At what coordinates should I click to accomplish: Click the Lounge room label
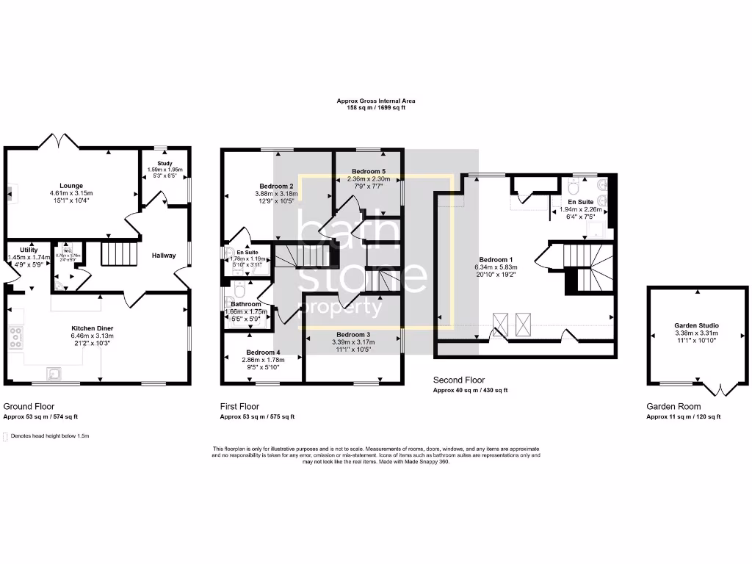coord(72,186)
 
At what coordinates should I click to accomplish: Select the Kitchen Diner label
coord(93,328)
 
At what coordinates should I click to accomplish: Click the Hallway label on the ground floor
coord(164,256)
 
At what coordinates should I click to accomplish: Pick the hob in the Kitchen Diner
coord(15,339)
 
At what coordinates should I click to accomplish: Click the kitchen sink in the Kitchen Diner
coord(52,372)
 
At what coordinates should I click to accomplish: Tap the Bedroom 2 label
coord(276,186)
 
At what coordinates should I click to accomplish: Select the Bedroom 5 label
coord(369,170)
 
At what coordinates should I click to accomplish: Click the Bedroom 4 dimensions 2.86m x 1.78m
coord(262,360)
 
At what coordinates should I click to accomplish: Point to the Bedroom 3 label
coord(353,334)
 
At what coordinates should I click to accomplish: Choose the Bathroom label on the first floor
coord(246,304)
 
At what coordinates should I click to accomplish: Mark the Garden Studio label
coord(696,325)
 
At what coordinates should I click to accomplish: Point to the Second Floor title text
coord(459,380)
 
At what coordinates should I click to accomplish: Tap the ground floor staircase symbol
coord(119,256)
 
